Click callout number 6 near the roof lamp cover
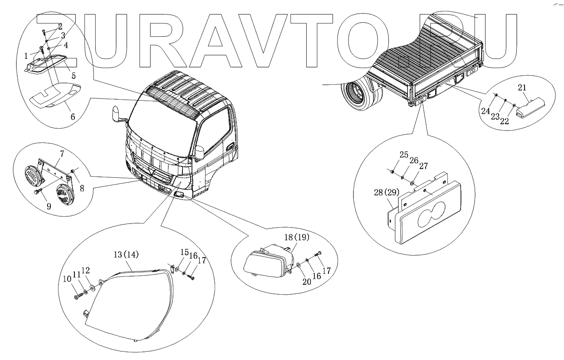73,116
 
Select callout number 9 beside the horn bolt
49,207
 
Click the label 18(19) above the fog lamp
296,237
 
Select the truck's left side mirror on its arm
116,114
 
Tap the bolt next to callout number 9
37,192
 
